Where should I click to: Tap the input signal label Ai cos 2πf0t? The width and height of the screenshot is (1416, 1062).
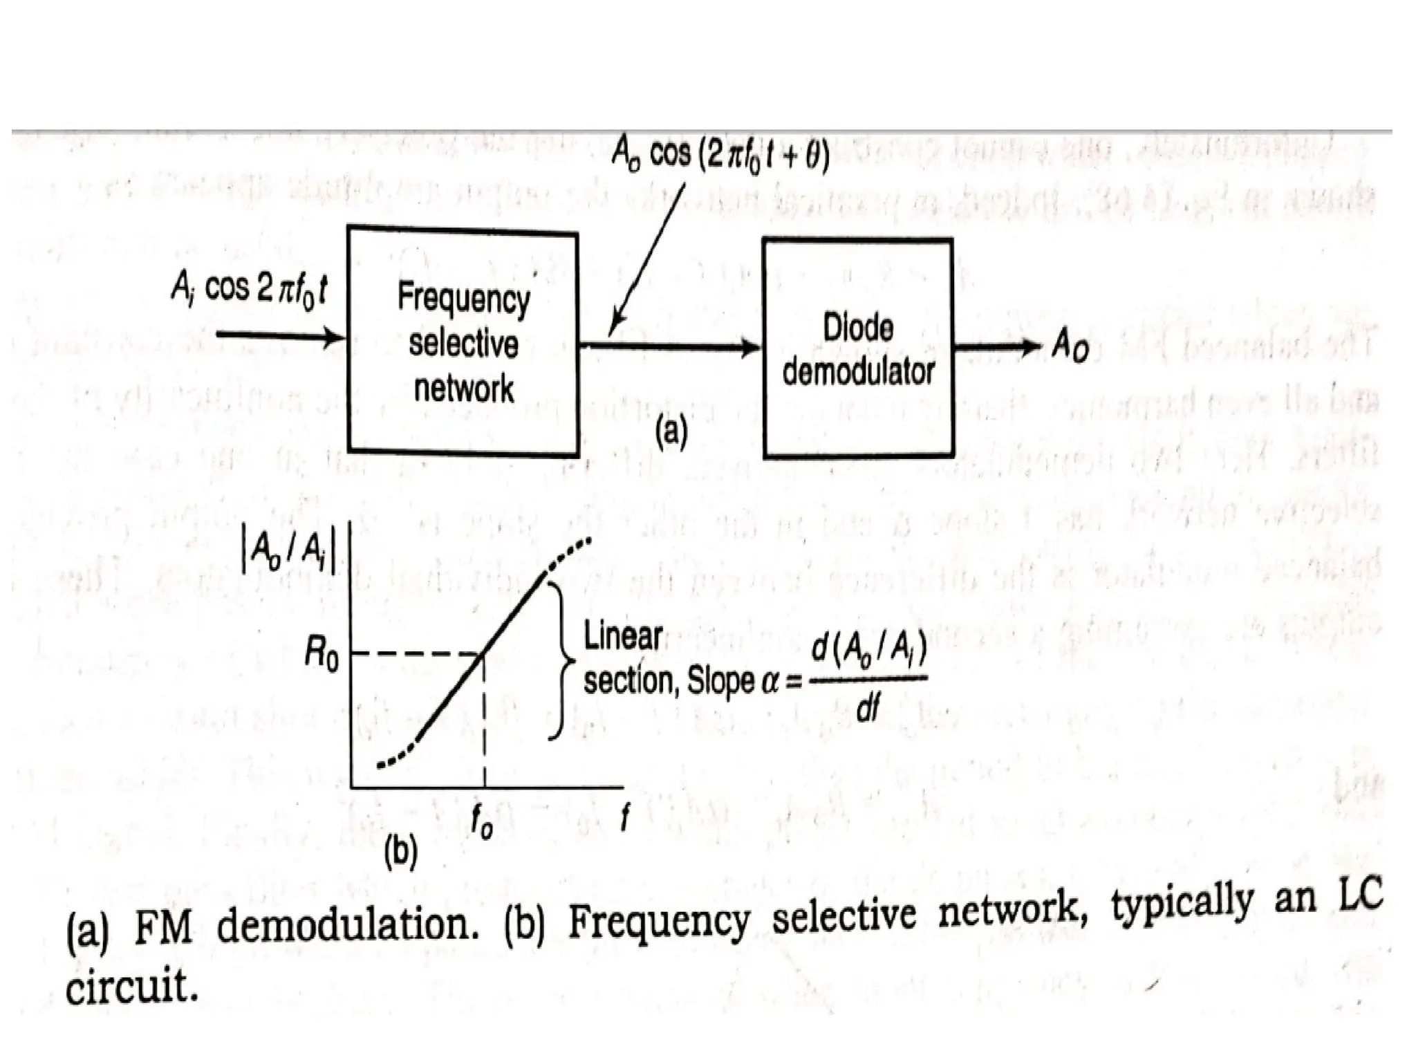point(248,290)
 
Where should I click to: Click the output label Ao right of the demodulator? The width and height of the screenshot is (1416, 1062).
point(1069,346)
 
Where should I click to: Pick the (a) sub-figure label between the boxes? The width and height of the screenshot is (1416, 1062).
point(671,432)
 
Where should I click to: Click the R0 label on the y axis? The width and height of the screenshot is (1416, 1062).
point(322,655)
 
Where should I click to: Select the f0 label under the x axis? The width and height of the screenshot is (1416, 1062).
point(481,822)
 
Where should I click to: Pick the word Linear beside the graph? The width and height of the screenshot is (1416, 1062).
point(623,636)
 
